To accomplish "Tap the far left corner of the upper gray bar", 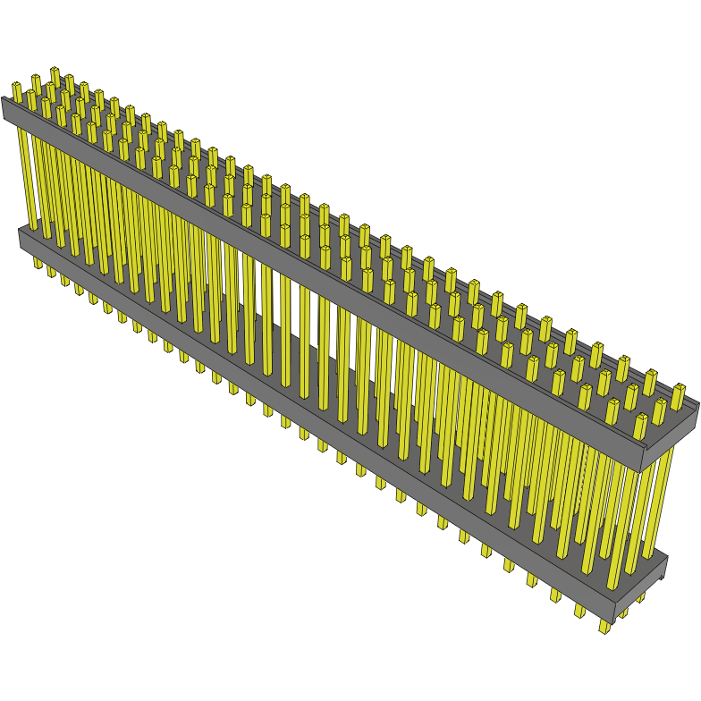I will click(3, 100).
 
